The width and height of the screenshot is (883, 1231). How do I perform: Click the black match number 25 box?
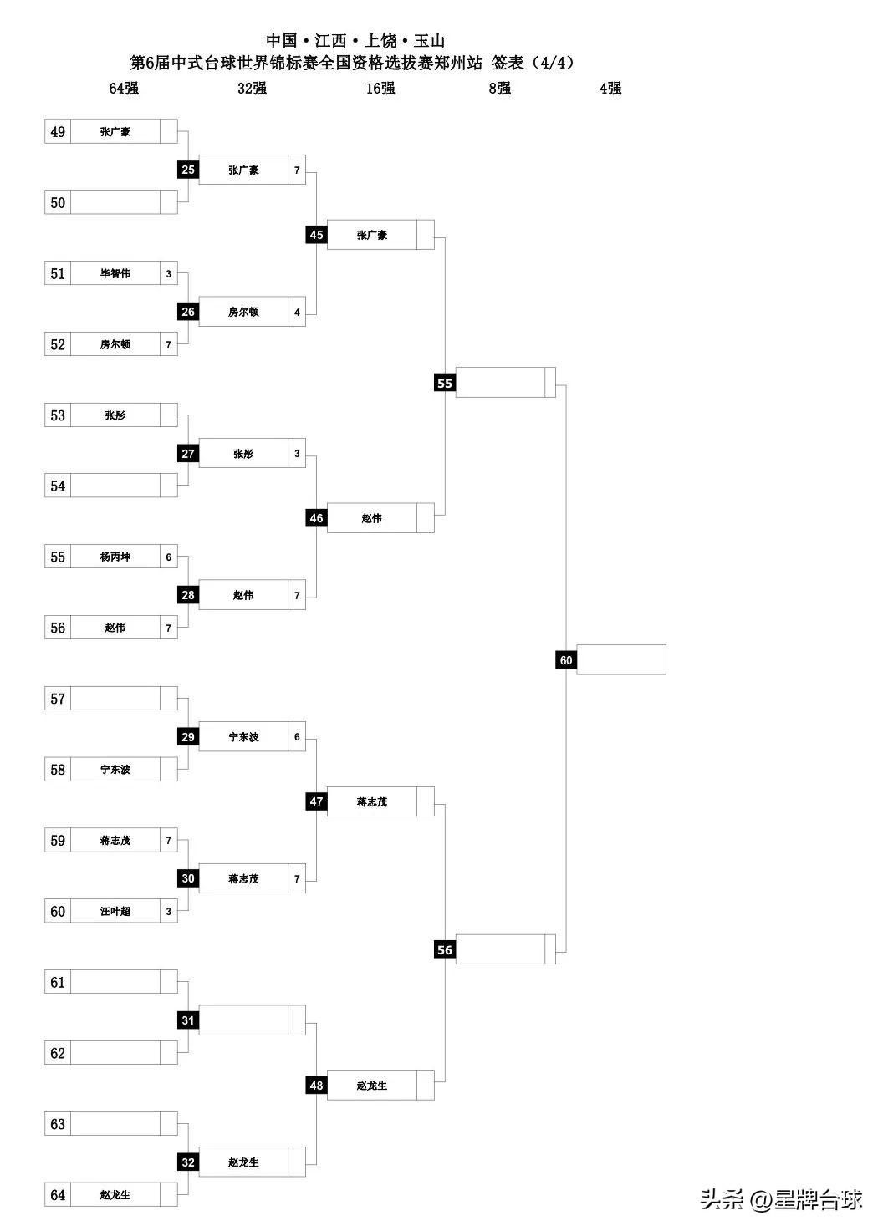[188, 170]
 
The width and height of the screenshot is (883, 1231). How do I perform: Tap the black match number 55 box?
[445, 383]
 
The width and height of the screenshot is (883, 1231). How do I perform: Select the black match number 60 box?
[566, 660]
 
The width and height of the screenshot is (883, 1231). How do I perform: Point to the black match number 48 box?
[316, 1086]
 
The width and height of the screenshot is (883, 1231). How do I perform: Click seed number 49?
[58, 132]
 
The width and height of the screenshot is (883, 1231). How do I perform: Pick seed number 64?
[58, 1195]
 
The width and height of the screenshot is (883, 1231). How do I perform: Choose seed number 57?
[58, 699]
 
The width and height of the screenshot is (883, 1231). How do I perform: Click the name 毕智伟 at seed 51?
[115, 273]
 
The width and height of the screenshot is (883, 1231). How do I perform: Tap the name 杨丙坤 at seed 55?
[115, 557]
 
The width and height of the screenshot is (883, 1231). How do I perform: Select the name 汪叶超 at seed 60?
[115, 911]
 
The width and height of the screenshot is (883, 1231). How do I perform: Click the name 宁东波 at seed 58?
[115, 770]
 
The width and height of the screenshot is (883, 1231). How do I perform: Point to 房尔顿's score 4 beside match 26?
[297, 312]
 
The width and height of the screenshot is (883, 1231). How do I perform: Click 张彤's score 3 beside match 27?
[297, 454]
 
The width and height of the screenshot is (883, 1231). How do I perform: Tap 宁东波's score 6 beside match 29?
[297, 737]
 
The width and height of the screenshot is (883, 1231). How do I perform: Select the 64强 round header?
[124, 89]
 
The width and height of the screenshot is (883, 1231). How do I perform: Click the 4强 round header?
[610, 89]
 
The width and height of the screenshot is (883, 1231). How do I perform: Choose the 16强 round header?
[380, 89]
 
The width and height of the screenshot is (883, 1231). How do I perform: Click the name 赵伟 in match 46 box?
[372, 518]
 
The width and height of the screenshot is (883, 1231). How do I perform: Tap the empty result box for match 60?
[621, 660]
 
